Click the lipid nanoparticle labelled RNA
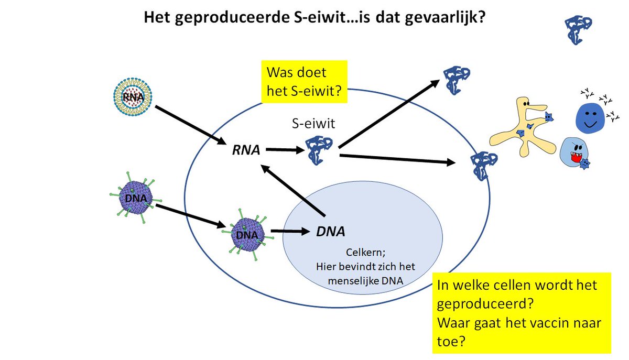133,96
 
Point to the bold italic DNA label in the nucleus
330,231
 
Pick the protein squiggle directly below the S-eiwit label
317,150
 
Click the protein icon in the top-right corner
579,28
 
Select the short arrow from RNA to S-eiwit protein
285,151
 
